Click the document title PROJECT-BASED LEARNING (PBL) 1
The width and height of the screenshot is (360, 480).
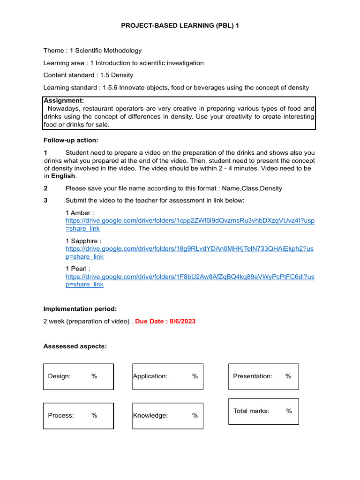[180, 26]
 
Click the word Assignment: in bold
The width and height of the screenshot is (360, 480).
[64, 100]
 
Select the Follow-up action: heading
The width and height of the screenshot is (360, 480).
[71, 140]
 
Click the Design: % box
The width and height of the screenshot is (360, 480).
[78, 376]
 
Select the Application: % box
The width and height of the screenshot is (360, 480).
[168, 376]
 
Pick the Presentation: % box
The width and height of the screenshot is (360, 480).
[263, 376]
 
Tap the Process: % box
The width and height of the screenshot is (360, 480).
[78, 415]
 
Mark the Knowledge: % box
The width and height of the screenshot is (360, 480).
[168, 415]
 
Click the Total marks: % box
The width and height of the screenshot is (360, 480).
[263, 411]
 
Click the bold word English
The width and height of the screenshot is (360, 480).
[63, 176]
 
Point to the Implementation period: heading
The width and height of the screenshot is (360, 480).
[80, 309]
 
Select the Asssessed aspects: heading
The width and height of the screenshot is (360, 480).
[75, 346]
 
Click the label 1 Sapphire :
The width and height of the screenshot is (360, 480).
[83, 241]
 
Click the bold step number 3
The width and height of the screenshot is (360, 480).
[45, 201]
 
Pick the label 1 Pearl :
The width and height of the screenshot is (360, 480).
[78, 269]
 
